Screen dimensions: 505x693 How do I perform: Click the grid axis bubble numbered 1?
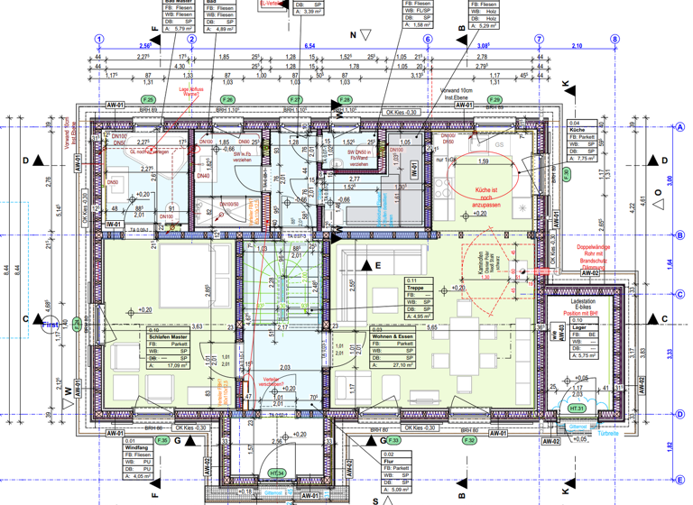pos(99,40)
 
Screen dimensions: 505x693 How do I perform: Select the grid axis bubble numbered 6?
pos(428,40)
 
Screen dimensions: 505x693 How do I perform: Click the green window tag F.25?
pos(148,99)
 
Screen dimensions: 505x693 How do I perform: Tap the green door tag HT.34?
pos(279,472)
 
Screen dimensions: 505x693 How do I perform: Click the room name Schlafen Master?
pos(163,335)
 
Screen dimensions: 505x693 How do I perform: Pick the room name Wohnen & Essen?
pos(394,335)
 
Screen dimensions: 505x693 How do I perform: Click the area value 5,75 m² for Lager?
pos(580,357)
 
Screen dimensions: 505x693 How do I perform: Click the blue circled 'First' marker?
pos(51,325)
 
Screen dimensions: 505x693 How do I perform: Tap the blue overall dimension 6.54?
pos(310,45)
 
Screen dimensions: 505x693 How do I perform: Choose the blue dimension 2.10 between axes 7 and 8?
pos(577,45)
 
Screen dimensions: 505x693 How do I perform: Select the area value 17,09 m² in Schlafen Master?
pos(176,366)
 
